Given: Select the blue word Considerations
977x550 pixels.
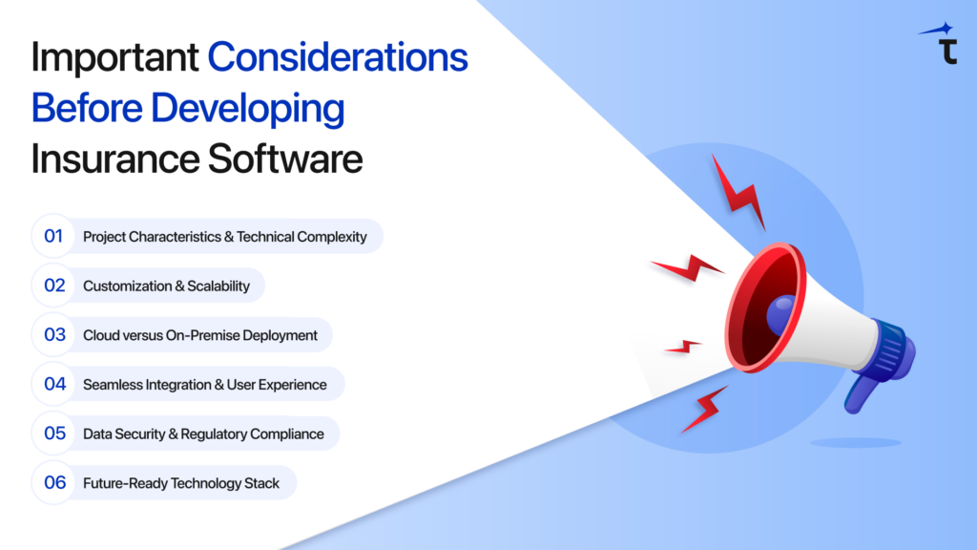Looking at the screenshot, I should [338, 58].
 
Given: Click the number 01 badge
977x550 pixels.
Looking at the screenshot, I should [53, 236].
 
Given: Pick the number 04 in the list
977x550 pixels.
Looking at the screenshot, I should [53, 384].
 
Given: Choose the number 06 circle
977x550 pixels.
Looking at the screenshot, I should [53, 483].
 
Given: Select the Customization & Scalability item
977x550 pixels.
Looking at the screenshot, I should [166, 286].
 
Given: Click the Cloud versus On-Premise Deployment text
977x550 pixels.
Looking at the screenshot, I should [199, 335].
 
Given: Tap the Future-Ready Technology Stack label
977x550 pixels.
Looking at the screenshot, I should [181, 483].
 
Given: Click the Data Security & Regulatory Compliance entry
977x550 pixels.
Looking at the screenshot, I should [203, 434].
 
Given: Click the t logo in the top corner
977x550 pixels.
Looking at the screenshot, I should [946, 49].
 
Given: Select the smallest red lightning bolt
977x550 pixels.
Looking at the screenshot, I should [683, 346].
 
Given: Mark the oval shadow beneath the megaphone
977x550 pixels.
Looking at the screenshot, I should [855, 442].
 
